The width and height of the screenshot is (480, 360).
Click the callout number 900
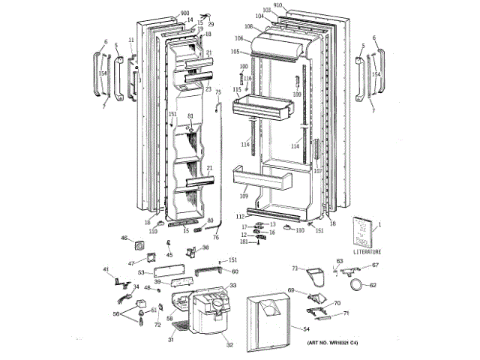185,13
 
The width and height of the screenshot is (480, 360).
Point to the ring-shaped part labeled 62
362,284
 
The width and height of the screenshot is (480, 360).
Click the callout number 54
306,328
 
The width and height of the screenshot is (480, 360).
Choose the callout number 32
230,345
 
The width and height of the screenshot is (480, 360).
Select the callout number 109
244,196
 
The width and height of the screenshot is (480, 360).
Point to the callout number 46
124,238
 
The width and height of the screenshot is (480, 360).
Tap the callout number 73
295,267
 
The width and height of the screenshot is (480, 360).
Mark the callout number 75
218,91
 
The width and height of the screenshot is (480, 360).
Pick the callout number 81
190,116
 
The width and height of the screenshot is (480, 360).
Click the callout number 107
317,170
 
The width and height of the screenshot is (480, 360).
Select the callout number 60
235,271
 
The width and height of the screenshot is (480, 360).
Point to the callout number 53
141,272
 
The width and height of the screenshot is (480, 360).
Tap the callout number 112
239,216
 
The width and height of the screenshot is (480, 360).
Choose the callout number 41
106,269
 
